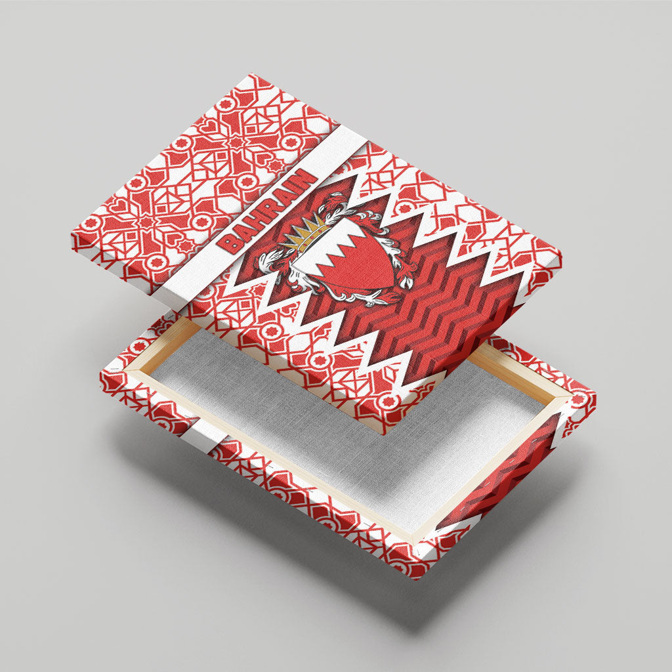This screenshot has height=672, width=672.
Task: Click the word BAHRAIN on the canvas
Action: [267, 211]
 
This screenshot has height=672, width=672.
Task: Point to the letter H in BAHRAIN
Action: [255, 221]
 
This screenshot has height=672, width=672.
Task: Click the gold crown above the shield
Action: [305, 234]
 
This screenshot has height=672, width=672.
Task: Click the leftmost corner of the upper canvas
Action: [72, 234]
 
